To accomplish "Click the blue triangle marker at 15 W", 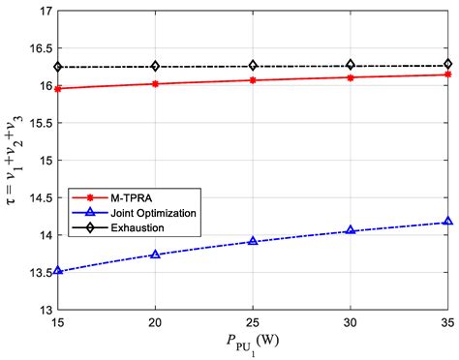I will [x=57, y=271].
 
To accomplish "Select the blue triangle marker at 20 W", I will [x=155, y=255].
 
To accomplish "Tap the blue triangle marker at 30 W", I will [x=351, y=231].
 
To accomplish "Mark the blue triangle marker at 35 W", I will [x=447, y=222].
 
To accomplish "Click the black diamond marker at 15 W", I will [x=57, y=67].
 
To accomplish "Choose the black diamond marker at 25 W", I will [x=253, y=66].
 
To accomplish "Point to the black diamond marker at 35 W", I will [x=447, y=65].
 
